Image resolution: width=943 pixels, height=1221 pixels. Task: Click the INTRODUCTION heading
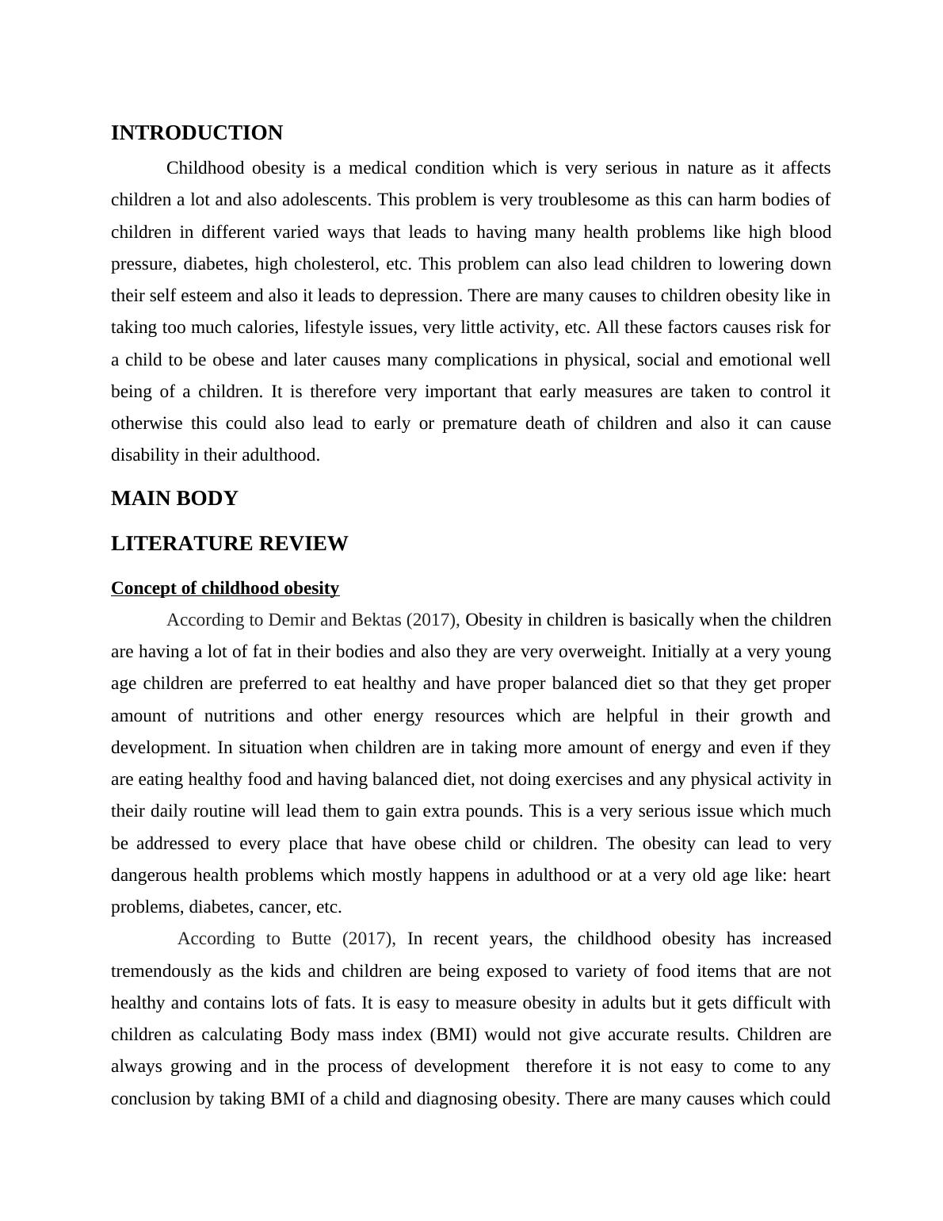point(197,133)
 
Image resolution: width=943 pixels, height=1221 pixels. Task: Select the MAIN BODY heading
point(174,499)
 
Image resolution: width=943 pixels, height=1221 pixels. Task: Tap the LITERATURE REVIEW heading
point(229,544)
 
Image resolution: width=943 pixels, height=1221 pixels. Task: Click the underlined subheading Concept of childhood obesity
point(225,588)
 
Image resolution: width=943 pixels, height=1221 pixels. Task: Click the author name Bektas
point(373,620)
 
